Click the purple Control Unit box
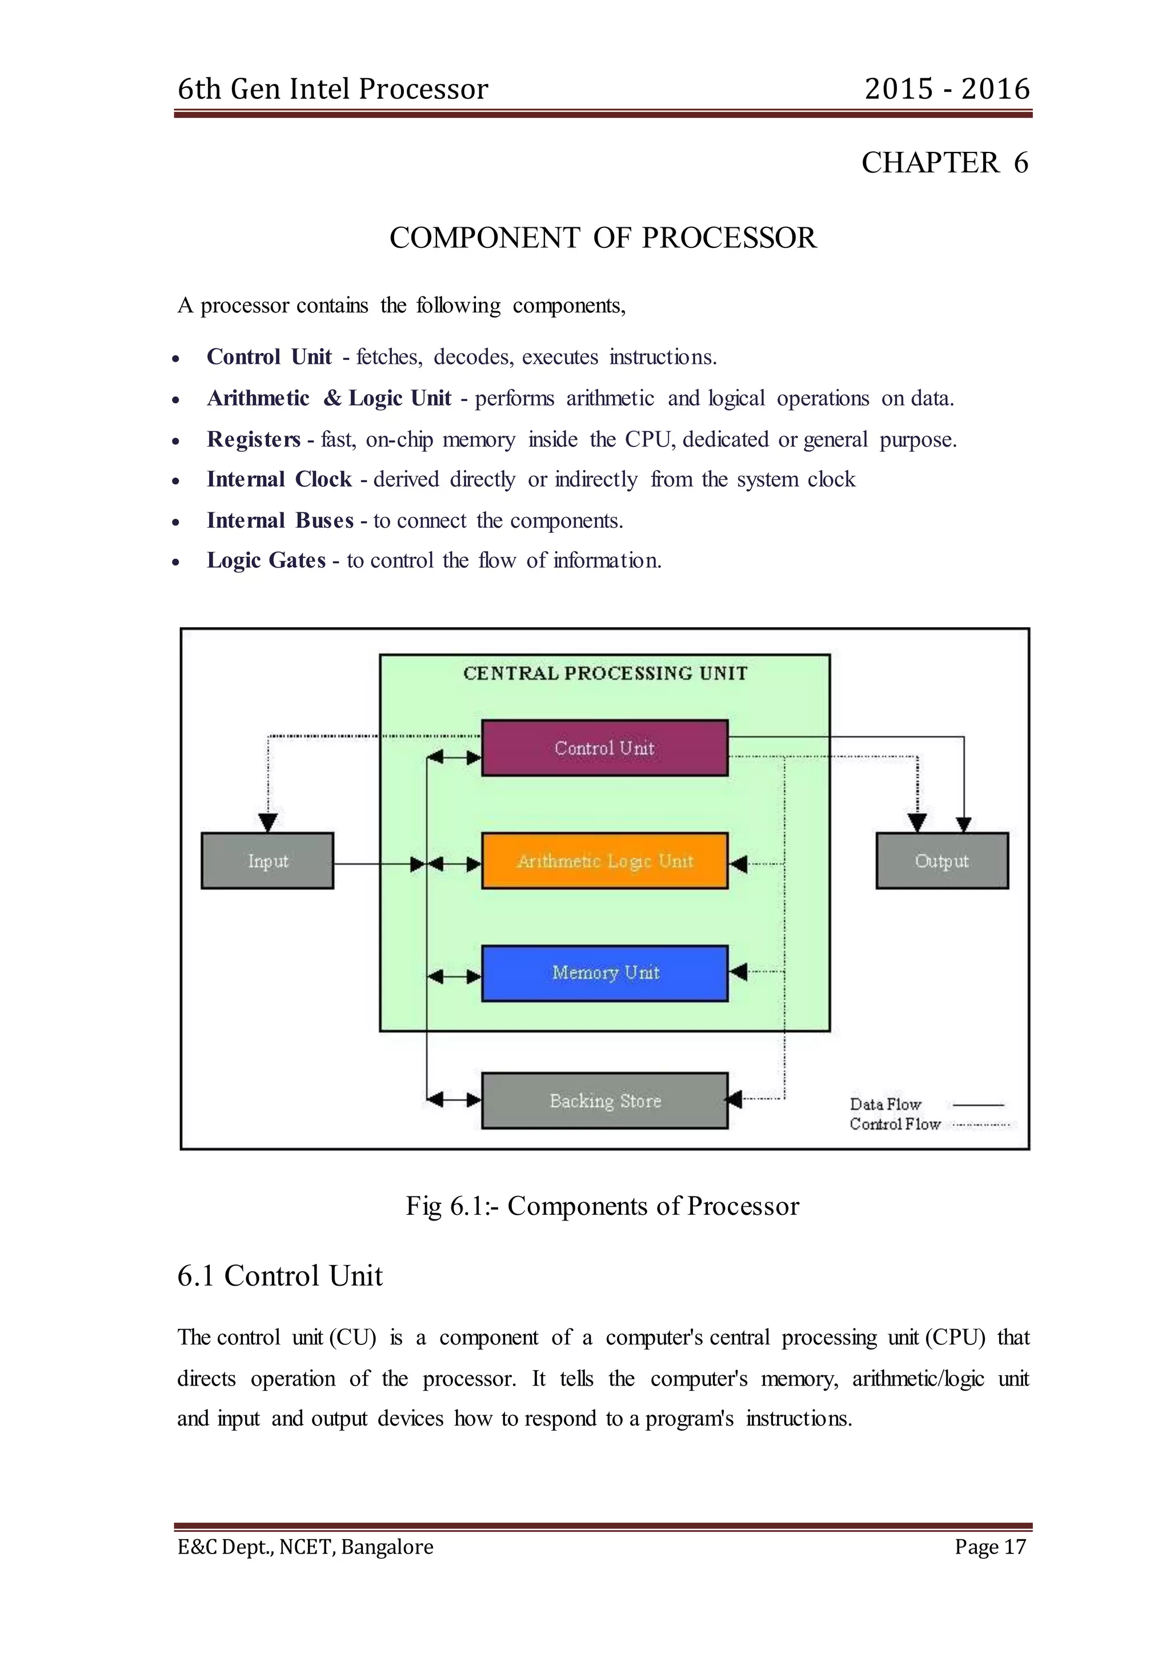pyautogui.click(x=604, y=748)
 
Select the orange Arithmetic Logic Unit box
pyautogui.click(x=604, y=861)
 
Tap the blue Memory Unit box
pyautogui.click(x=604, y=973)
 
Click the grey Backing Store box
pyautogui.click(x=604, y=1100)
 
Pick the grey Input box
pyautogui.click(x=267, y=861)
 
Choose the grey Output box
pyautogui.click(x=941, y=861)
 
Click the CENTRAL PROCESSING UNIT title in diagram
pyautogui.click(x=605, y=673)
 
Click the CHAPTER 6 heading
pyautogui.click(x=944, y=163)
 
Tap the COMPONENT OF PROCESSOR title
pyautogui.click(x=603, y=238)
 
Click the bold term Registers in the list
pyautogui.click(x=254, y=439)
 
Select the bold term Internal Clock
pyautogui.click(x=279, y=480)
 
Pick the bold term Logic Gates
pyautogui.click(x=266, y=560)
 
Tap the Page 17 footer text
pyautogui.click(x=990, y=1547)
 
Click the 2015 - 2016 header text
pyautogui.click(x=947, y=89)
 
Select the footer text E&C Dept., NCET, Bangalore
pyautogui.click(x=306, y=1547)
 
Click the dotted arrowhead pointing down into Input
pyautogui.click(x=268, y=822)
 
